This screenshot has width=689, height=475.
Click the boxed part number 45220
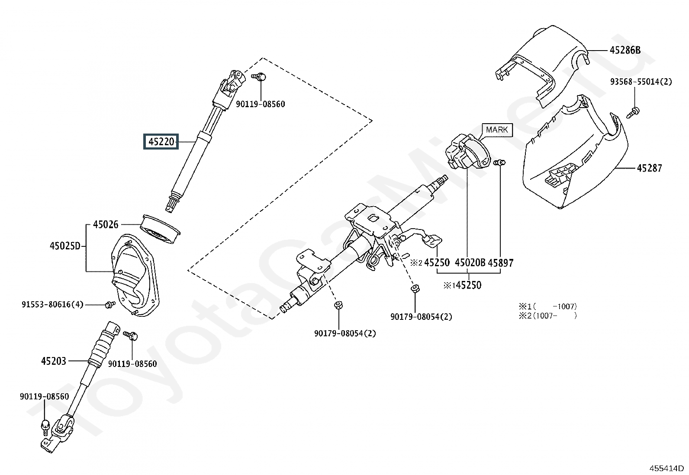click(x=161, y=142)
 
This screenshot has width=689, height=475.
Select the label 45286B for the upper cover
click(x=625, y=50)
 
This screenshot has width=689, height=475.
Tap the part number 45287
click(x=649, y=168)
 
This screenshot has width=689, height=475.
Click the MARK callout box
click(x=497, y=130)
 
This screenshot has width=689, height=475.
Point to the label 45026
click(x=106, y=225)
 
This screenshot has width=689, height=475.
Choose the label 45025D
click(x=65, y=246)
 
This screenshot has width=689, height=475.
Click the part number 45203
click(x=54, y=361)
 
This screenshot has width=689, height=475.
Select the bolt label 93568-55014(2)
click(x=641, y=82)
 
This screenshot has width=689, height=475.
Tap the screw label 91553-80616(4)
click(x=53, y=304)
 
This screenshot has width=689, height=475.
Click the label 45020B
click(x=470, y=263)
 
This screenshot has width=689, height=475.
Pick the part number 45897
click(x=501, y=263)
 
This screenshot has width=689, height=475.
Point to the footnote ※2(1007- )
click(x=548, y=316)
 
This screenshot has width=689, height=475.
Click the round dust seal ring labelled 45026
click(x=160, y=229)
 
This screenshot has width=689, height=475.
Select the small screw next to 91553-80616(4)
click(x=110, y=305)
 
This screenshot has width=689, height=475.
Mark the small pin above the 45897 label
click(x=499, y=162)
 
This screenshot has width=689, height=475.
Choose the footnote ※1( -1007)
click(x=548, y=306)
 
